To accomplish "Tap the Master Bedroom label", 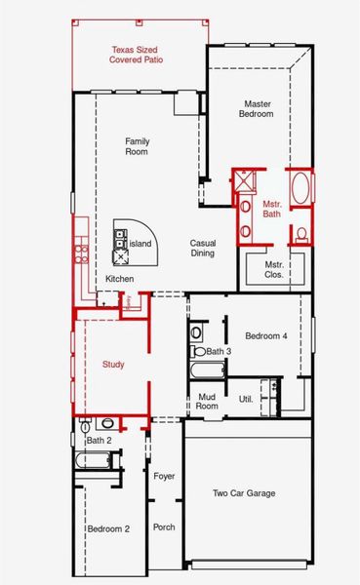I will pos(256,107).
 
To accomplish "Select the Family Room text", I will pos(137,146).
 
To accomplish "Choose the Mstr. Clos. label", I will pos(274,269).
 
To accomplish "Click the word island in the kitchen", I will pos(141,243).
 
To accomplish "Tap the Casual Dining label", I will pos(203,248).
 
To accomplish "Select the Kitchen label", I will pos(120,279).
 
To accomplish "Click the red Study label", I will pos(113,365).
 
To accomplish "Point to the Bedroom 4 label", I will pos(266,336).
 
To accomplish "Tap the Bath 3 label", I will pos(219,351).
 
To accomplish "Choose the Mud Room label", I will pos(207,401).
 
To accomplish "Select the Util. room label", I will pos(246,400).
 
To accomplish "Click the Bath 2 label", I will pos(100,441).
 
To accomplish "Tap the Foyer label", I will pos(164,476).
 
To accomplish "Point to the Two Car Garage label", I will pos(244,493).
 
